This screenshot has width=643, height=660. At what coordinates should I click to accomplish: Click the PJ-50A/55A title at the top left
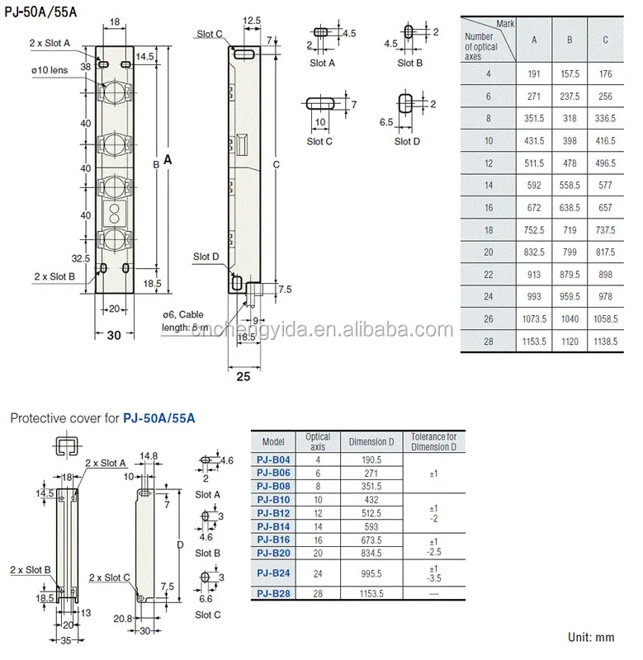click(x=41, y=12)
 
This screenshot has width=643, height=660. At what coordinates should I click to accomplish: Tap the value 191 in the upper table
click(x=533, y=73)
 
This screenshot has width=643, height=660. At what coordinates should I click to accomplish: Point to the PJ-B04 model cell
click(x=273, y=460)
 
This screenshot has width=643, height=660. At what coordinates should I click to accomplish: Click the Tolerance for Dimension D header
click(x=433, y=441)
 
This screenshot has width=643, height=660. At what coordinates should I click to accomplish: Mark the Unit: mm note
click(x=592, y=637)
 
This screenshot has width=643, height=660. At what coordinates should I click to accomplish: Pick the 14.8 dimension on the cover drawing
click(x=149, y=455)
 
